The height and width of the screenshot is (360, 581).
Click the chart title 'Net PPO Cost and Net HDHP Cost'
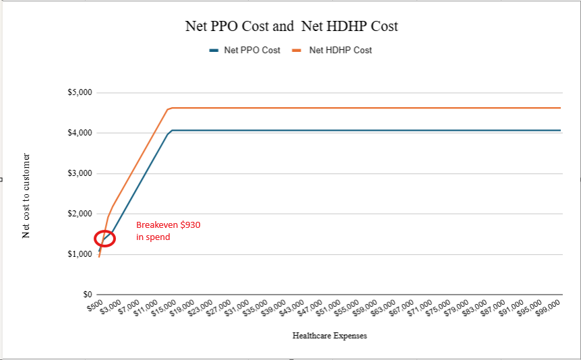291,26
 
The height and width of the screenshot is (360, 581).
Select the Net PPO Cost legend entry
251,50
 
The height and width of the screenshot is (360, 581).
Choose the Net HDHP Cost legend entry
340,50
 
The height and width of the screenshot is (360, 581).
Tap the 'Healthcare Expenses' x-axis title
330,335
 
